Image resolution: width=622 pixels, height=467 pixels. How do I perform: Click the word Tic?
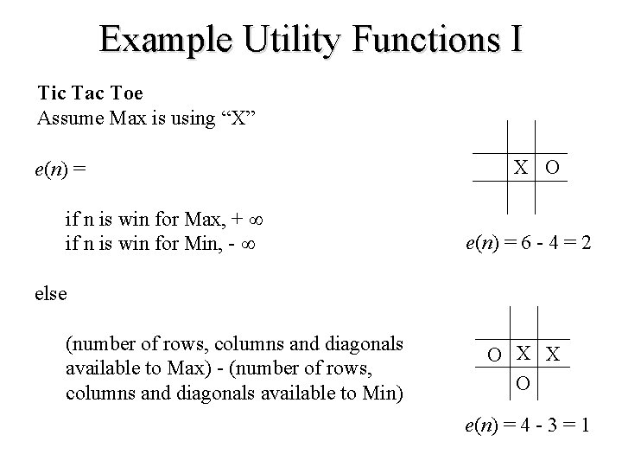tap(51, 91)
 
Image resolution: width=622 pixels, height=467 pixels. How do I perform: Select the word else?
tap(51, 292)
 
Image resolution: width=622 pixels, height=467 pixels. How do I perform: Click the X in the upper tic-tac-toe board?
tap(521, 168)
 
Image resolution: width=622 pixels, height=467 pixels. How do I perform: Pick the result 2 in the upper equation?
tap(586, 245)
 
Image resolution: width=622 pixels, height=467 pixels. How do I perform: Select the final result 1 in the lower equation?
tap(587, 425)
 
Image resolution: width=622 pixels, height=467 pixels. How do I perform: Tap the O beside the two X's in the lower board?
tap(494, 355)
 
